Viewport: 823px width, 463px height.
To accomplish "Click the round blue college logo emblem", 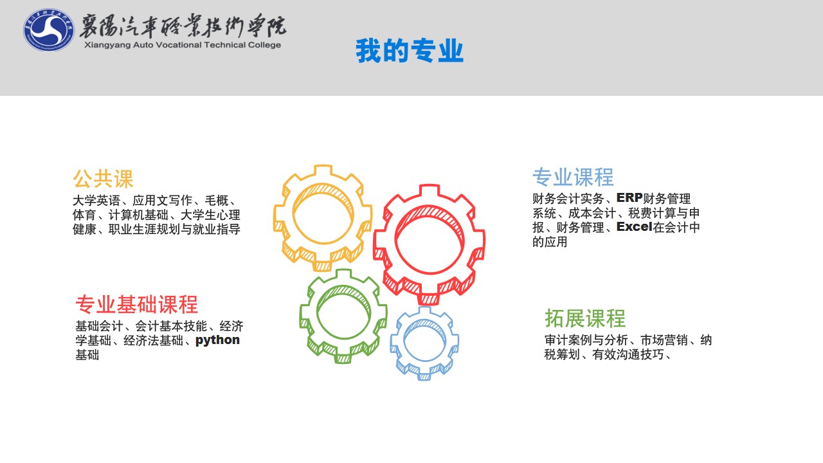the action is (49, 30).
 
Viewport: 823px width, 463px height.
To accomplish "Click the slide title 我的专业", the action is (410, 51).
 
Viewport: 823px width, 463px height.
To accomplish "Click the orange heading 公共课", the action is (103, 179).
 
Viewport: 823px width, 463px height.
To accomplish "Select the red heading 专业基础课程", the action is (137, 305).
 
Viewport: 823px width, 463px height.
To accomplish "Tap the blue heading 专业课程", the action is (573, 177).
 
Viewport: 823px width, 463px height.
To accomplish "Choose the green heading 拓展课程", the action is (585, 318).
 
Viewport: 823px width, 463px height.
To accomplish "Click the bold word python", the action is (217, 340).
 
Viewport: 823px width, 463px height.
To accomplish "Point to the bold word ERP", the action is (629, 197).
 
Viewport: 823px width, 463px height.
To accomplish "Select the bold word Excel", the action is (635, 227).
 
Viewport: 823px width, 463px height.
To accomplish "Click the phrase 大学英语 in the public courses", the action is (96, 200).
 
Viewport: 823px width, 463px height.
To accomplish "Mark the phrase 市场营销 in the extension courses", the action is (664, 340).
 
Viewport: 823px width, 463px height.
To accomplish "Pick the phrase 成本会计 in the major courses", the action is (592, 213).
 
